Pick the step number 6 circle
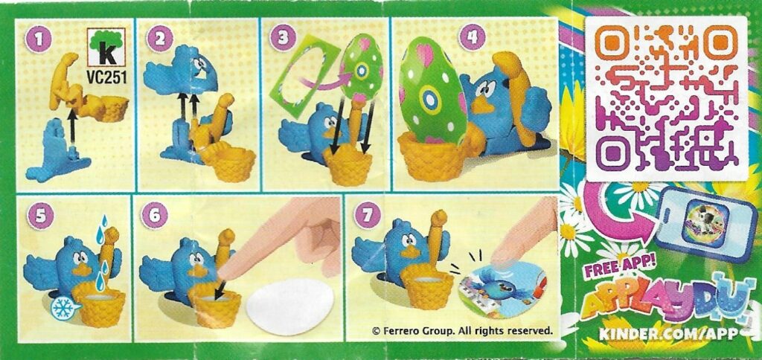coord(156,216)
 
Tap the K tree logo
coord(106,47)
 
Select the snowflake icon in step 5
coord(63,307)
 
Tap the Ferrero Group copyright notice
coord(462,330)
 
